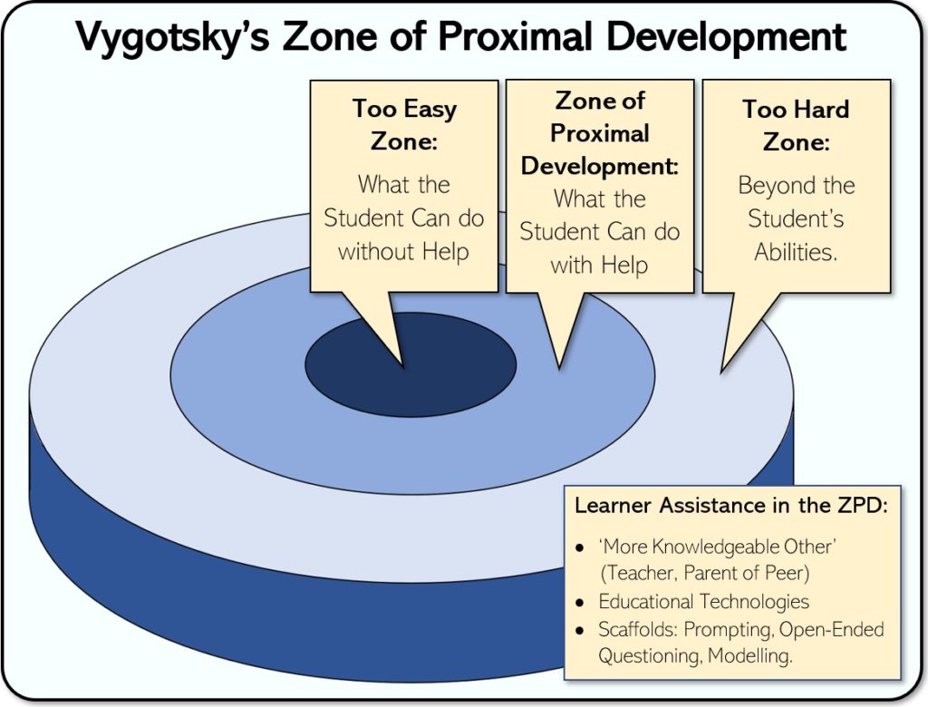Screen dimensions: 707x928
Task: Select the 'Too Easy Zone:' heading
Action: pos(404,125)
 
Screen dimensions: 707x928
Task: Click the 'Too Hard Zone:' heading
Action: pos(796,125)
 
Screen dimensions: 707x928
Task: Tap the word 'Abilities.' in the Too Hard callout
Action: pos(796,251)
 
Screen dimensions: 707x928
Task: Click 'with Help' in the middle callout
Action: pos(600,264)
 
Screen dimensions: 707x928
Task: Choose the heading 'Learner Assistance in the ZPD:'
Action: pos(730,505)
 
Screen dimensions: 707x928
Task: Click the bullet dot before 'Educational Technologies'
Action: pos(580,603)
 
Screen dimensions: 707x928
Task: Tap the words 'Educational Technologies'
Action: pos(703,601)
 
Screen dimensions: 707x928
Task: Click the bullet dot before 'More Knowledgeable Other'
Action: pos(580,549)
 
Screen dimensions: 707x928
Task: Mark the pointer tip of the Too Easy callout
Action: pos(402,365)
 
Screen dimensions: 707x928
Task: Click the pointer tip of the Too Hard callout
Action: pos(721,371)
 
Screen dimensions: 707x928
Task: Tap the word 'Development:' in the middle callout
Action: pos(600,166)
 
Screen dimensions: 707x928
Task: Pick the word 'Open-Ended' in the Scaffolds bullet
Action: pos(836,629)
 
